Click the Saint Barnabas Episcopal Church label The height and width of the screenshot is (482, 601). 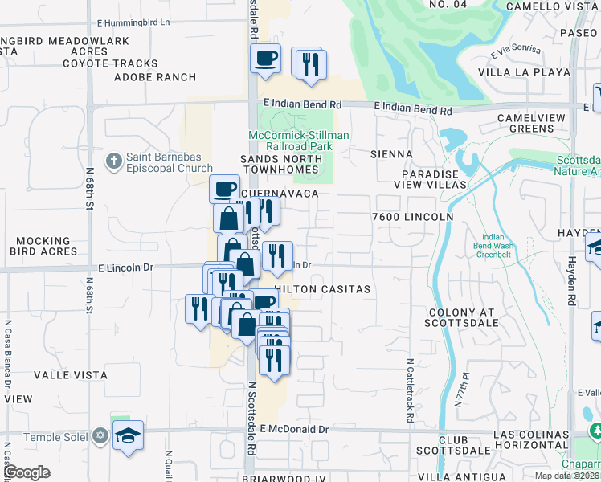tap(169, 162)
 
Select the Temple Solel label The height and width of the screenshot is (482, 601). tap(54, 437)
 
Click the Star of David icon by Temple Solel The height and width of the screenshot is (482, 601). tap(100, 436)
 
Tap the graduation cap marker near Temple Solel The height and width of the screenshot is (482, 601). tap(128, 436)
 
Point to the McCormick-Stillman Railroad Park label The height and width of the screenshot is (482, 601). tap(298, 141)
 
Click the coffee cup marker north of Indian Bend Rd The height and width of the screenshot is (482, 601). tap(265, 59)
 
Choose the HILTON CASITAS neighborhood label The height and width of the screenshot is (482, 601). tap(323, 289)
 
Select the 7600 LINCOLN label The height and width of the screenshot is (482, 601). tap(413, 217)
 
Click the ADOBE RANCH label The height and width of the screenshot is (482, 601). tap(155, 77)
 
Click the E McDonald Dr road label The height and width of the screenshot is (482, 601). tap(294, 430)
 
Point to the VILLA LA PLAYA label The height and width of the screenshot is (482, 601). tap(524, 72)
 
